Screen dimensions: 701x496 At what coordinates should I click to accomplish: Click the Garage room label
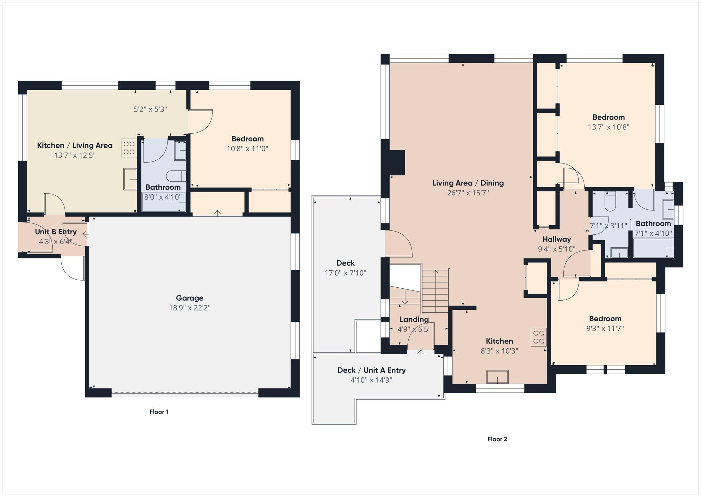190,298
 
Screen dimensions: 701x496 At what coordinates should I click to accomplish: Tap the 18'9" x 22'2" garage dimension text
190,308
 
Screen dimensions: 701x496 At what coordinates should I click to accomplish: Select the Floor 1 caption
159,412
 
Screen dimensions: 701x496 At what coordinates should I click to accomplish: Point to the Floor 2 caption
497,439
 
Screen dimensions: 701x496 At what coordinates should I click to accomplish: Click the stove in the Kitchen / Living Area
129,148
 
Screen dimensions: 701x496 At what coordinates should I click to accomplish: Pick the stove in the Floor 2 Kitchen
539,337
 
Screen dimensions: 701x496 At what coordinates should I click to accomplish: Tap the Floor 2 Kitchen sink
498,377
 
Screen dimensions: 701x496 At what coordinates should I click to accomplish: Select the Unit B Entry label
56,232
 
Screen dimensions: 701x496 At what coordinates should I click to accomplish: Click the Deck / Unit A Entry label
372,370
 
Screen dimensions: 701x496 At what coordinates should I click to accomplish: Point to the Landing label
414,319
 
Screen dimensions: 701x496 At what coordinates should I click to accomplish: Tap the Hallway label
557,239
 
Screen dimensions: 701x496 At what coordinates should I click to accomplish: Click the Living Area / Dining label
468,183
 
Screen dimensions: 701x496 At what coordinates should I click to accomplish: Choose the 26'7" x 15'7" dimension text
468,193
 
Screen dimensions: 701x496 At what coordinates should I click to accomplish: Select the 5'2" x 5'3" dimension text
150,109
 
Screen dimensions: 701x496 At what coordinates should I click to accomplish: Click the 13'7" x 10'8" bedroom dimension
608,127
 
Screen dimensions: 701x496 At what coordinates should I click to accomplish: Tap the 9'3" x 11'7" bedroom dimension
605,328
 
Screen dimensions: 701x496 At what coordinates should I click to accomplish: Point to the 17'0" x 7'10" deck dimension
346,273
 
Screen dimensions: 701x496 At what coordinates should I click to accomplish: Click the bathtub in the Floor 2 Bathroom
653,248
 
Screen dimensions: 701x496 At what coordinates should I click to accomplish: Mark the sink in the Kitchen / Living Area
130,179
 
